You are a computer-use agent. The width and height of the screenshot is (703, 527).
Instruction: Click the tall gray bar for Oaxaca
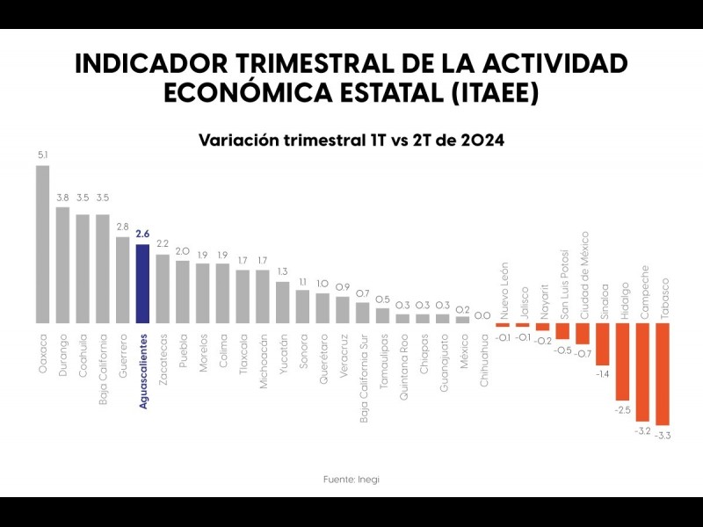[x=43, y=244]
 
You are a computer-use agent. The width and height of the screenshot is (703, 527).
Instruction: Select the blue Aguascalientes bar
[x=142, y=284]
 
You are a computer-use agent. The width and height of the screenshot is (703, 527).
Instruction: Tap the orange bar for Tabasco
[x=662, y=374]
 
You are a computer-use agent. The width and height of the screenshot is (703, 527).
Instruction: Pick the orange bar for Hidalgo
[x=622, y=362]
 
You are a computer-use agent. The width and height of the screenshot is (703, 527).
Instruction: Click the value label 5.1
[x=43, y=155]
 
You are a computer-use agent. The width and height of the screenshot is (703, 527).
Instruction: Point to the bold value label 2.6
[x=142, y=234]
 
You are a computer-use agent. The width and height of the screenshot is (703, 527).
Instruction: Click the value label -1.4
[x=603, y=374]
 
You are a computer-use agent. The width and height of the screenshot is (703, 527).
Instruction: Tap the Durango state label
[x=63, y=355]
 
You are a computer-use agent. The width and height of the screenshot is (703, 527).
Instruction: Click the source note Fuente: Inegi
[x=351, y=479]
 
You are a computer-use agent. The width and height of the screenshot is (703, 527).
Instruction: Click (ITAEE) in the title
[x=491, y=93]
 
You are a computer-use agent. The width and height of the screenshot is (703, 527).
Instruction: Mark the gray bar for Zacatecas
[x=163, y=289]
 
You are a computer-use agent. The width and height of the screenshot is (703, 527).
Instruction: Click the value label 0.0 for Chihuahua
[x=482, y=314]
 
